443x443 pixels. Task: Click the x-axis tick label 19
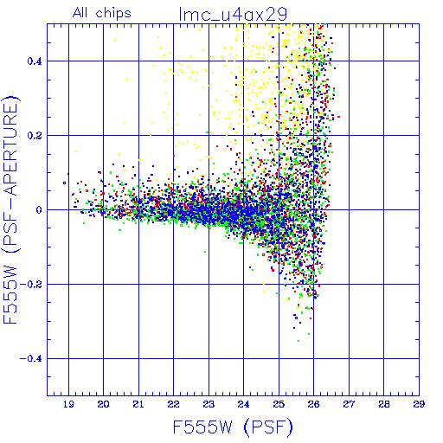coord(68,404)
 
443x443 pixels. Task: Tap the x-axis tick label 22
coord(173,404)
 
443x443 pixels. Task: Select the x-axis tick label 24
coord(243,404)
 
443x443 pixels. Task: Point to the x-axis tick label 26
coord(313,404)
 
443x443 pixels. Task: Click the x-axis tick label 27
coord(349,404)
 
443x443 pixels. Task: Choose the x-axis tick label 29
coord(419,404)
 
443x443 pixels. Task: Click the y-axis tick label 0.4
coord(35,61)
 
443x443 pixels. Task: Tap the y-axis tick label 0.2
coord(35,136)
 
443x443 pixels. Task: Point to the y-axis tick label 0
coord(39,210)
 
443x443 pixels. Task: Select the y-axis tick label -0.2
coord(31,285)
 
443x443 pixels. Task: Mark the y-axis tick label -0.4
coord(31,359)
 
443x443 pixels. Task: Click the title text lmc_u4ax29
coord(233,15)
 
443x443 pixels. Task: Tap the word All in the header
coord(80,13)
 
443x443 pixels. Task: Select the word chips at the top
coord(113,14)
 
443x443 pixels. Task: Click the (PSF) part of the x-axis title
coord(268,427)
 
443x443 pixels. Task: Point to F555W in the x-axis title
coord(202,427)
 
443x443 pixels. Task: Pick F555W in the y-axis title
coord(10,295)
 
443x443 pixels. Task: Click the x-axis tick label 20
coord(103,404)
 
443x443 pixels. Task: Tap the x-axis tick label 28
coord(384,404)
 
